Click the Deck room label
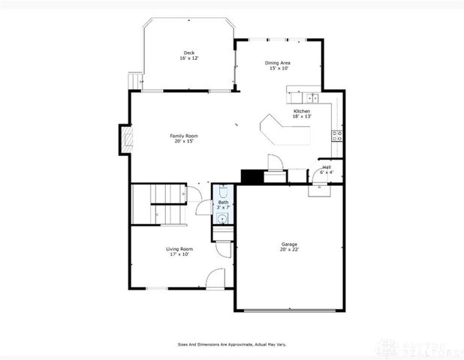coord(188,52)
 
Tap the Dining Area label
coord(278,62)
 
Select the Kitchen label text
coord(301,111)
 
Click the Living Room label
coord(179,248)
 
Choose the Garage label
coord(289,244)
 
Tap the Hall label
coord(327,166)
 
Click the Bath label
coord(223,202)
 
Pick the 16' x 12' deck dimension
coord(188,58)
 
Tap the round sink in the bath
coord(222,218)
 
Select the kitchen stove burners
coord(337,136)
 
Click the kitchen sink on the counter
coord(310,97)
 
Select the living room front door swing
coord(216,278)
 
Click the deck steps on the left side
coord(135,78)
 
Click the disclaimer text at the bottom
coord(231,345)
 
